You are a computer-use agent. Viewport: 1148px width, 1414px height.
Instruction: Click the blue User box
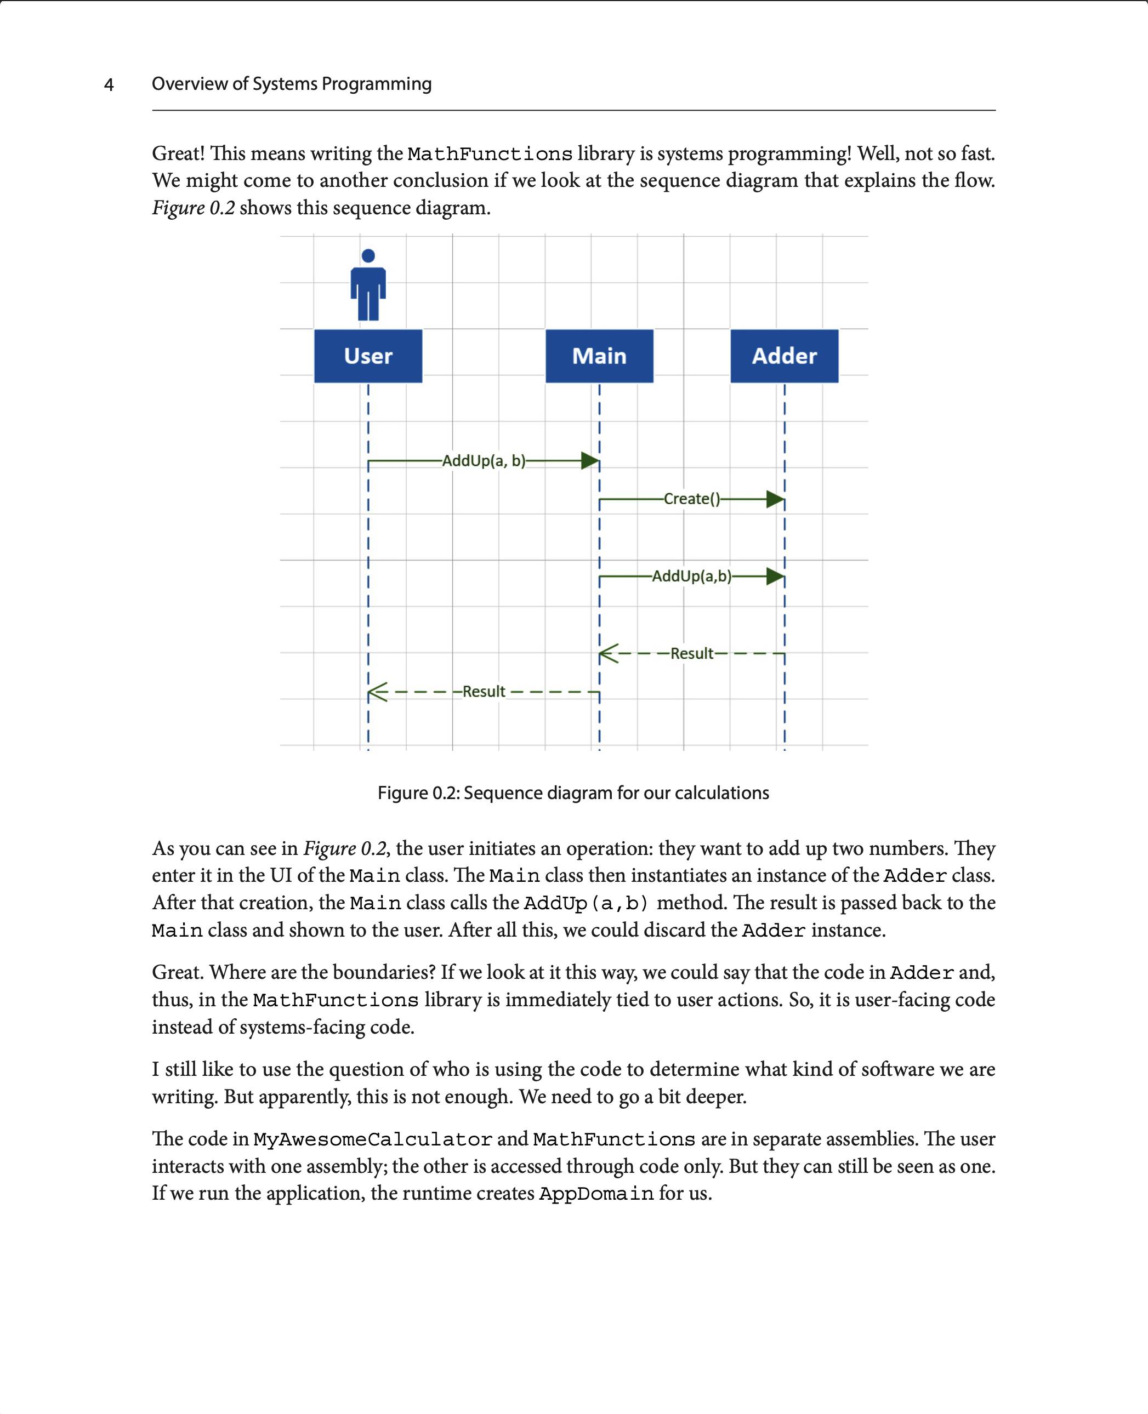[368, 356]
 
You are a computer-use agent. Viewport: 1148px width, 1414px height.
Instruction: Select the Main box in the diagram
[599, 356]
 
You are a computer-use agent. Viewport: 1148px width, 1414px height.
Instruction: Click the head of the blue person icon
[368, 256]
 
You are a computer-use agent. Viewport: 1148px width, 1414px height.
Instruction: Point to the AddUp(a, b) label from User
[484, 461]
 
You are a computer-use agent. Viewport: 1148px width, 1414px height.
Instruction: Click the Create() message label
[692, 498]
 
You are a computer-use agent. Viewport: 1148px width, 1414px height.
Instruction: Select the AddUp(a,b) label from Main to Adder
[692, 576]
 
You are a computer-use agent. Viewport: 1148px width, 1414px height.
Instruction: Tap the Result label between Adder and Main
[692, 653]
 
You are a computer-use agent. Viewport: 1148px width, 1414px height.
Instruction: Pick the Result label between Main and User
[484, 692]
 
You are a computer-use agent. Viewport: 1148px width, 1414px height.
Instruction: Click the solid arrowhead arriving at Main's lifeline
[589, 461]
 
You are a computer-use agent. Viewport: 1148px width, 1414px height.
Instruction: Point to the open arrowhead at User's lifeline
[378, 692]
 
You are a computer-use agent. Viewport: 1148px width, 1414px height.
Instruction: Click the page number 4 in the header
[109, 84]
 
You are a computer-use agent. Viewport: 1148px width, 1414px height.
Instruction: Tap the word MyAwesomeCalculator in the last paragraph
[372, 1139]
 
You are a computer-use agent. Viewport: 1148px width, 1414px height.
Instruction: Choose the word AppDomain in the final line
[596, 1194]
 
